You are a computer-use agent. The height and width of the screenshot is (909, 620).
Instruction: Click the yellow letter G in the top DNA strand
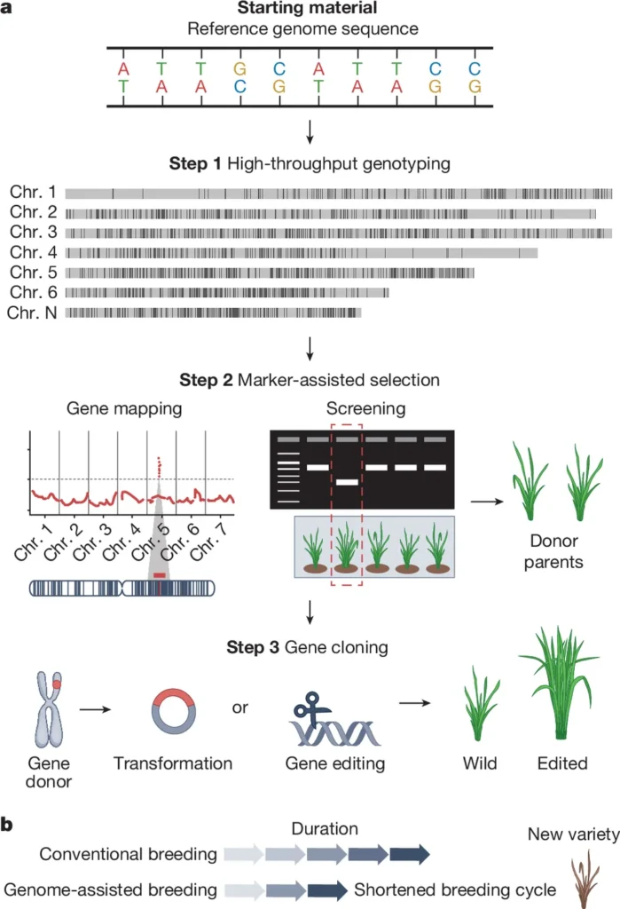pos(239,67)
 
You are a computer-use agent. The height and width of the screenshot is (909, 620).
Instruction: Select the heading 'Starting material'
pos(310,9)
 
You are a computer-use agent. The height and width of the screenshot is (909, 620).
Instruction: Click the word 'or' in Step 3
pos(239,707)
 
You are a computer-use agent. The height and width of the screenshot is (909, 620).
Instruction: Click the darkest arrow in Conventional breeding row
pos(410,855)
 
